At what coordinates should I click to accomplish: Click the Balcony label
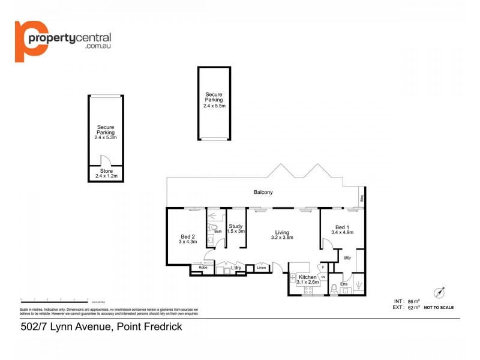pyautogui.click(x=263, y=193)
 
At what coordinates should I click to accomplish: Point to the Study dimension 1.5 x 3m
pyautogui.click(x=236, y=232)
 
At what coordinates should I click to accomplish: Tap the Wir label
pyautogui.click(x=347, y=258)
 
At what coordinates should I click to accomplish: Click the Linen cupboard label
pyautogui.click(x=261, y=268)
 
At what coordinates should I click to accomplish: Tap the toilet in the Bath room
pyautogui.click(x=212, y=227)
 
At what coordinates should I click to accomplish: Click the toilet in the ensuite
pyautogui.click(x=334, y=289)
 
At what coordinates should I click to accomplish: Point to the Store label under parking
pyautogui.click(x=106, y=171)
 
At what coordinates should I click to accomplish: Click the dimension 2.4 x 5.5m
pyautogui.click(x=214, y=106)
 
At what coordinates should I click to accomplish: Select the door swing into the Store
pyautogui.click(x=106, y=160)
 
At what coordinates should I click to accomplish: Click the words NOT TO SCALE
pyautogui.click(x=439, y=307)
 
